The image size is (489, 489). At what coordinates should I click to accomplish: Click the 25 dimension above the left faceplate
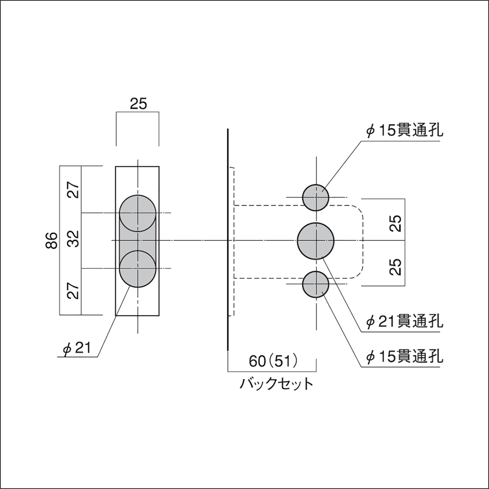click(x=138, y=104)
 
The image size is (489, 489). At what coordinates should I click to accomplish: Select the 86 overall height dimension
click(x=52, y=240)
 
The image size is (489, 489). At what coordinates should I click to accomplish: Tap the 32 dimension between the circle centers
click(x=74, y=239)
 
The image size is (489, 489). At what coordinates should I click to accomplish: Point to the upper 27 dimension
click(x=74, y=190)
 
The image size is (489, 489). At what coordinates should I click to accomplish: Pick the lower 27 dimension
click(x=74, y=291)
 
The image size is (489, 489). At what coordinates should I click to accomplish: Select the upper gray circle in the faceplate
click(x=138, y=213)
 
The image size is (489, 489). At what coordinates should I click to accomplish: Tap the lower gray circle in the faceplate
click(x=138, y=269)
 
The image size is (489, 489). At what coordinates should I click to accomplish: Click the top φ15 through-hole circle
click(x=316, y=197)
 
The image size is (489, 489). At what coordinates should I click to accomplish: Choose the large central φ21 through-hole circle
click(x=316, y=241)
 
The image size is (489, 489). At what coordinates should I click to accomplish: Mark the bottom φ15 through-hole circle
click(x=316, y=284)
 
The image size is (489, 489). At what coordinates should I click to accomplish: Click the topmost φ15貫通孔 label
click(x=404, y=131)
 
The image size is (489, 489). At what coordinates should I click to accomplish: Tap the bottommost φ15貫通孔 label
click(x=404, y=357)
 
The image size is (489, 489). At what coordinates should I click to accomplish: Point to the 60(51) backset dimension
click(x=273, y=361)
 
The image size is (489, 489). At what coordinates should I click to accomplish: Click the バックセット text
click(x=276, y=384)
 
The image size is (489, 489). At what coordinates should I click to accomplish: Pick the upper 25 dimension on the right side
click(x=395, y=223)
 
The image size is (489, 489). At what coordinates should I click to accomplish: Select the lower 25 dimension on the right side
click(x=395, y=267)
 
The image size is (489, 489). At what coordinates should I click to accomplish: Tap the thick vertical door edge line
click(x=228, y=240)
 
